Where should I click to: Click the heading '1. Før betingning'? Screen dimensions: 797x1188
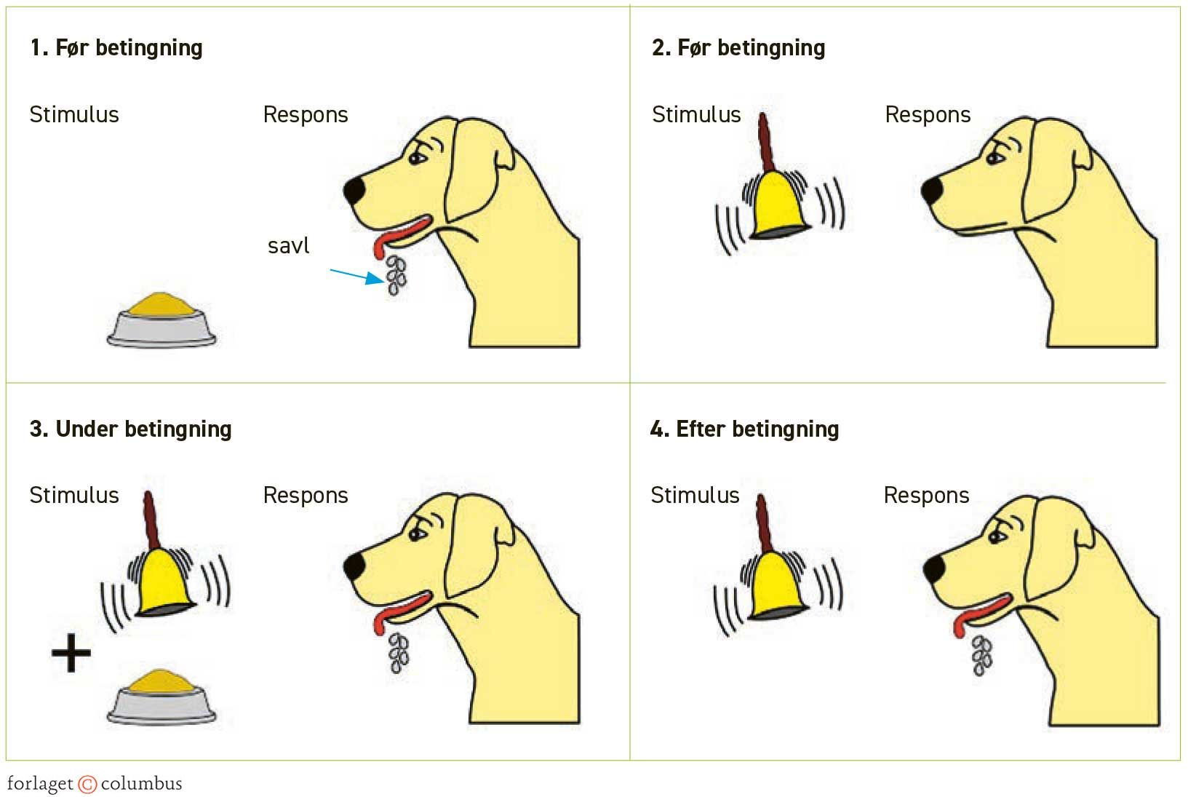point(116,48)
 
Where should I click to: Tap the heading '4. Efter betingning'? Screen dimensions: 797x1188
point(744,429)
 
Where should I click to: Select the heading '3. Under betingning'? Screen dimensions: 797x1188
point(131,429)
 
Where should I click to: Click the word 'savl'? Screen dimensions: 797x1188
point(288,246)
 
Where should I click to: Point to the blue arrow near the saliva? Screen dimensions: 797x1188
point(356,275)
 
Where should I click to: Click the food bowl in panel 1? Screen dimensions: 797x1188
point(162,320)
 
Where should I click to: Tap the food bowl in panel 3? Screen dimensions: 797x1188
point(162,697)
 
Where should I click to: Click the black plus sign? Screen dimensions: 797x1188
point(71,652)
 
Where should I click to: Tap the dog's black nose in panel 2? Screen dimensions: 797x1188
point(932,191)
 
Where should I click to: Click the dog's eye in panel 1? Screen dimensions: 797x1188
point(416,156)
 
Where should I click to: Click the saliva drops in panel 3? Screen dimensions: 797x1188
point(399,652)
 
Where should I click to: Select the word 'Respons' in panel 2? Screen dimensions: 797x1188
point(928,115)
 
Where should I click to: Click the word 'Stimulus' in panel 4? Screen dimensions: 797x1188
point(695,496)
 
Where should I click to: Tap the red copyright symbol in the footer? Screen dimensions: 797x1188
point(87,784)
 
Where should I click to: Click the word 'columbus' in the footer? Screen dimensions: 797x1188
point(141,784)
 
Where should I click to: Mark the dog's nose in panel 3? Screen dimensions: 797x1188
point(354,566)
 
